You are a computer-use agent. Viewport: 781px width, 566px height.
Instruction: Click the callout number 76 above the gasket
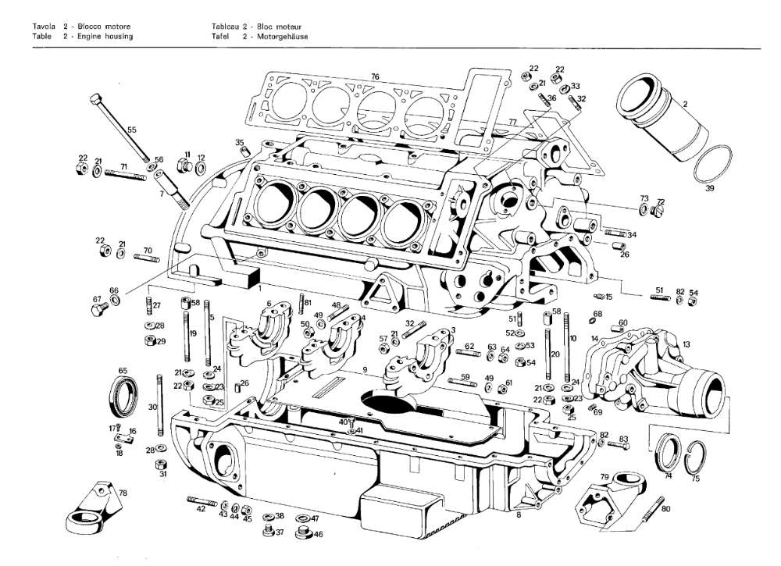click(x=375, y=77)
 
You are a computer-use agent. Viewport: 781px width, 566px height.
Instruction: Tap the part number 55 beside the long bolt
click(x=131, y=130)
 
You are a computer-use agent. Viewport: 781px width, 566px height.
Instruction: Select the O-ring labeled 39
click(x=713, y=164)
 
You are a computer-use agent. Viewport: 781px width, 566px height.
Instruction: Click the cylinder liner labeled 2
click(x=660, y=116)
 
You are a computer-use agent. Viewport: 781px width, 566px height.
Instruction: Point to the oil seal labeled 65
click(x=123, y=397)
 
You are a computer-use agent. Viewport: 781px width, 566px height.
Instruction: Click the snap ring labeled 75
click(x=695, y=457)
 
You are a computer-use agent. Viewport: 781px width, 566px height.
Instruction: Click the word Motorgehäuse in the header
click(x=283, y=37)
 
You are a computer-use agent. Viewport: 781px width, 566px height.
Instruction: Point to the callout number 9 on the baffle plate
click(x=365, y=370)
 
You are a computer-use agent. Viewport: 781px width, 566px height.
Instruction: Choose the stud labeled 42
click(x=202, y=501)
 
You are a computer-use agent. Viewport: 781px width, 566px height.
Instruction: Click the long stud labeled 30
click(x=159, y=405)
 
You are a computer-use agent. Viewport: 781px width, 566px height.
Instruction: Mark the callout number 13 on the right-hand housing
click(x=686, y=344)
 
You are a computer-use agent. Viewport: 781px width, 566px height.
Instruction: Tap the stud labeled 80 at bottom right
click(x=654, y=509)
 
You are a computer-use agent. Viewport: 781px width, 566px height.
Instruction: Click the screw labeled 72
click(x=658, y=211)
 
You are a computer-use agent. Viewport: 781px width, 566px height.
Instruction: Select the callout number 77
click(x=512, y=122)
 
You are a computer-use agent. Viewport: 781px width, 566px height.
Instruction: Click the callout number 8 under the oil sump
click(x=519, y=515)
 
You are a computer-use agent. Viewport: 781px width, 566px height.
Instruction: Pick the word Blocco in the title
click(x=90, y=27)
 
